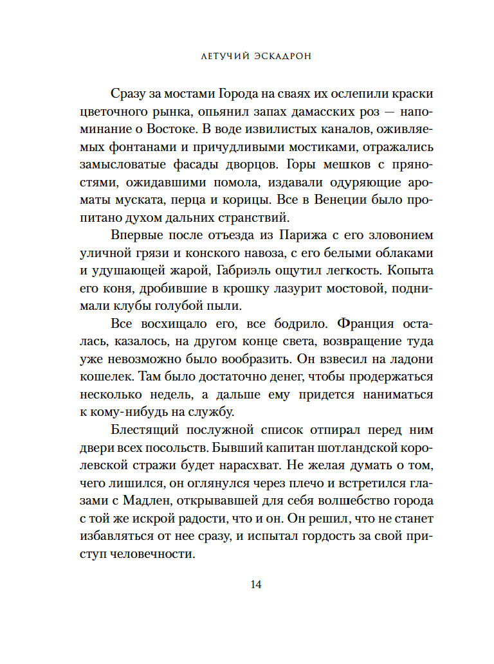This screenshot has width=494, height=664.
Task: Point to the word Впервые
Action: (136, 233)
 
